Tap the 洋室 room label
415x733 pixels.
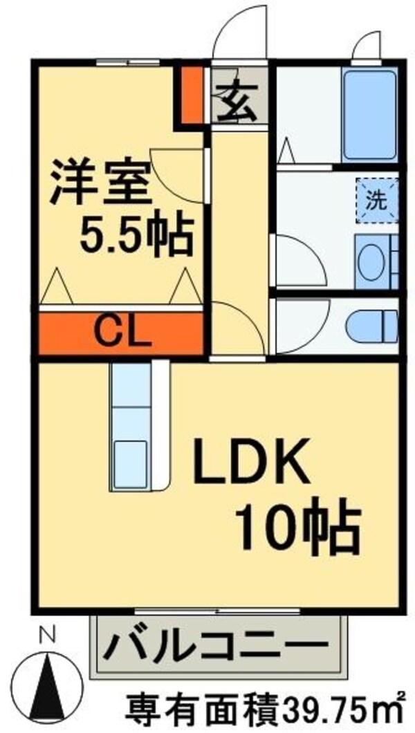click(x=101, y=182)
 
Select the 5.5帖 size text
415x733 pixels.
click(x=135, y=236)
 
